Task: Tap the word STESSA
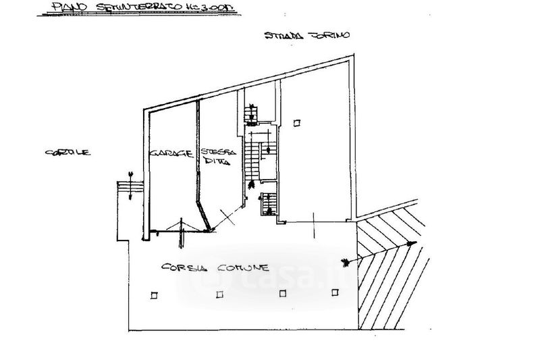[x=213, y=151]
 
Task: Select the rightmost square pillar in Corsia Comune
[x=335, y=292]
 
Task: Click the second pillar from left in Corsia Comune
[x=218, y=293]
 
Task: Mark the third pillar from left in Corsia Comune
[x=283, y=292]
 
